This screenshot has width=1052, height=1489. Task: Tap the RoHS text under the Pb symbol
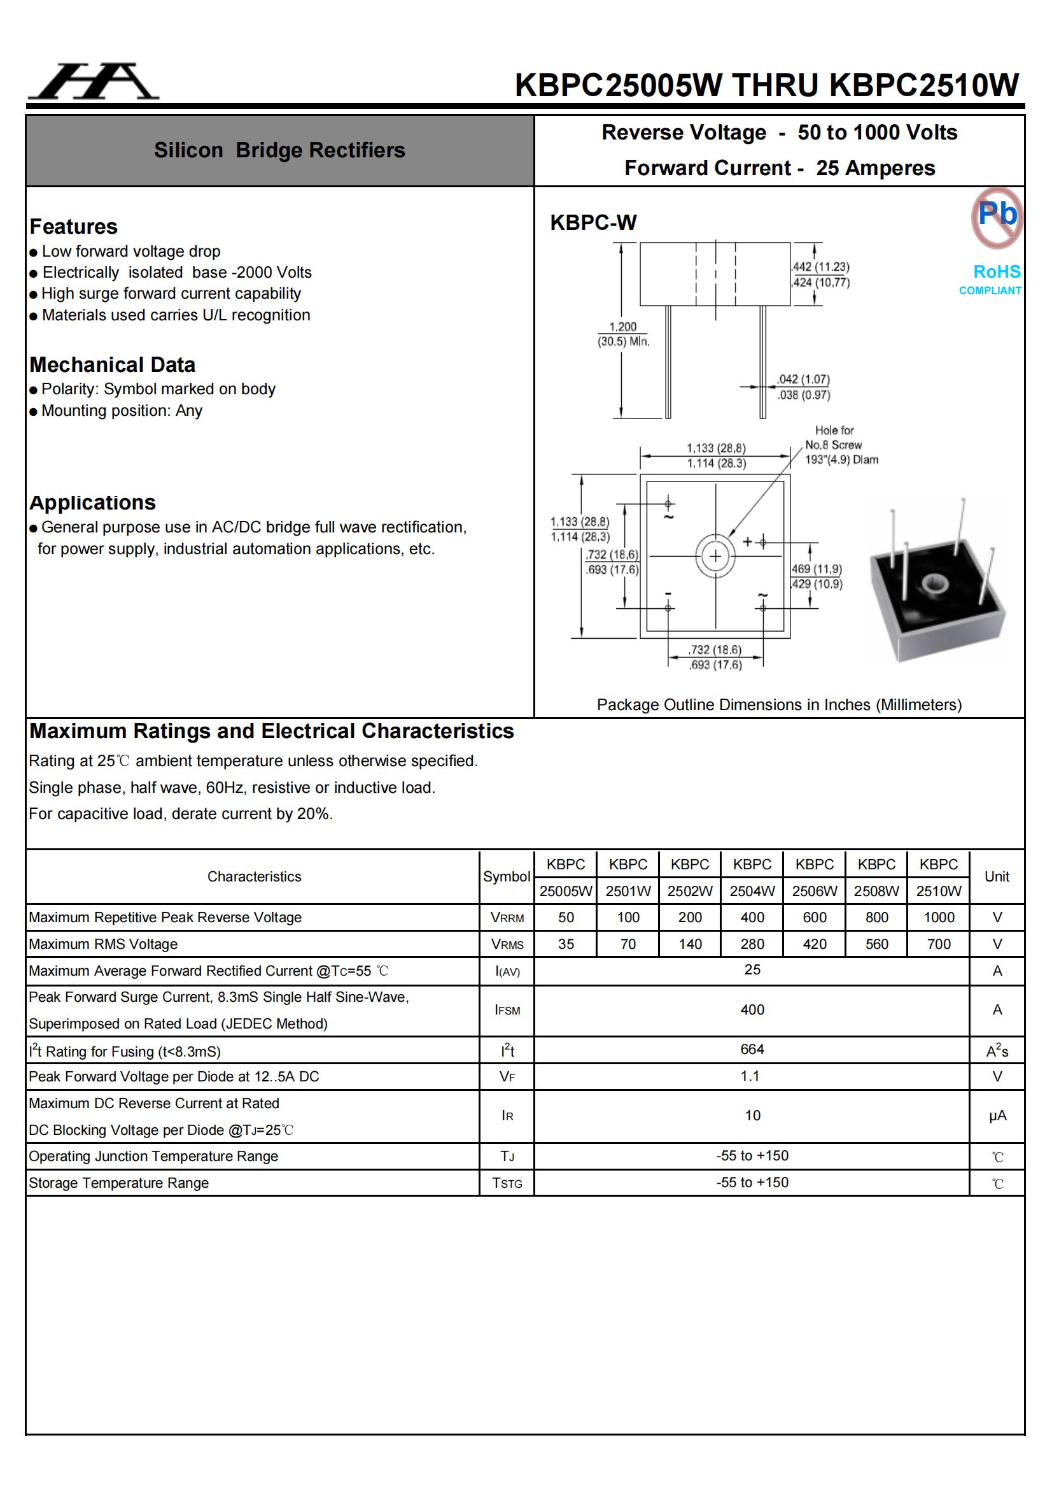[996, 271]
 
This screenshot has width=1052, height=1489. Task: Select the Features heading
[73, 226]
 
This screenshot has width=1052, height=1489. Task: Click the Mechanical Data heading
[112, 364]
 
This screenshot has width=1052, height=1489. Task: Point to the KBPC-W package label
[593, 222]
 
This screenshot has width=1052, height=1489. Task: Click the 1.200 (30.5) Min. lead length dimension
[622, 334]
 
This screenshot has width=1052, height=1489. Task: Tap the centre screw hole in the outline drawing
[715, 556]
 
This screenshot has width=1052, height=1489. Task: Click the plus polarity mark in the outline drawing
[748, 541]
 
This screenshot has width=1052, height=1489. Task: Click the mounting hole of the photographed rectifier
[933, 583]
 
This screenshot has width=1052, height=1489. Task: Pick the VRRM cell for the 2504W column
[752, 917]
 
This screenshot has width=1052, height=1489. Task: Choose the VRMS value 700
[938, 944]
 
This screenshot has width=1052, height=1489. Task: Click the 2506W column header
[814, 878]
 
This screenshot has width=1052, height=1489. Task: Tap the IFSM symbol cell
[507, 1009]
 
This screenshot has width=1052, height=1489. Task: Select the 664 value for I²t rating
[752, 1049]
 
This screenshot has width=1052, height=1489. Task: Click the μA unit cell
[997, 1115]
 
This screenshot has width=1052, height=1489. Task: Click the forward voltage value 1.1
[750, 1076]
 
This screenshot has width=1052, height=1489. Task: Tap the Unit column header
[996, 877]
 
